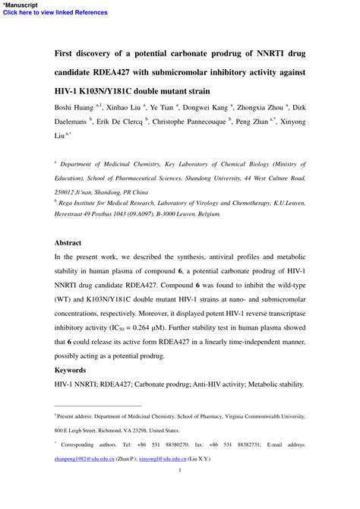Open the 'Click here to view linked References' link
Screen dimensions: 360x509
pos(45,12)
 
